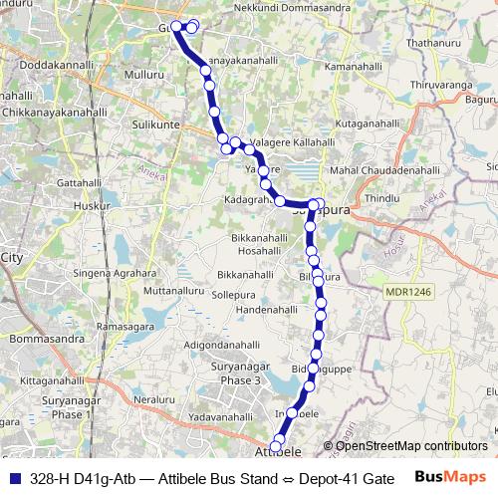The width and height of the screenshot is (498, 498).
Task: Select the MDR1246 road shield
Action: pos(408,291)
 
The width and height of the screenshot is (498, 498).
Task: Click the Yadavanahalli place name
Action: pos(222,415)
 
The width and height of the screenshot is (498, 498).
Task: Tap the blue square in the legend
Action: pos(14,478)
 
